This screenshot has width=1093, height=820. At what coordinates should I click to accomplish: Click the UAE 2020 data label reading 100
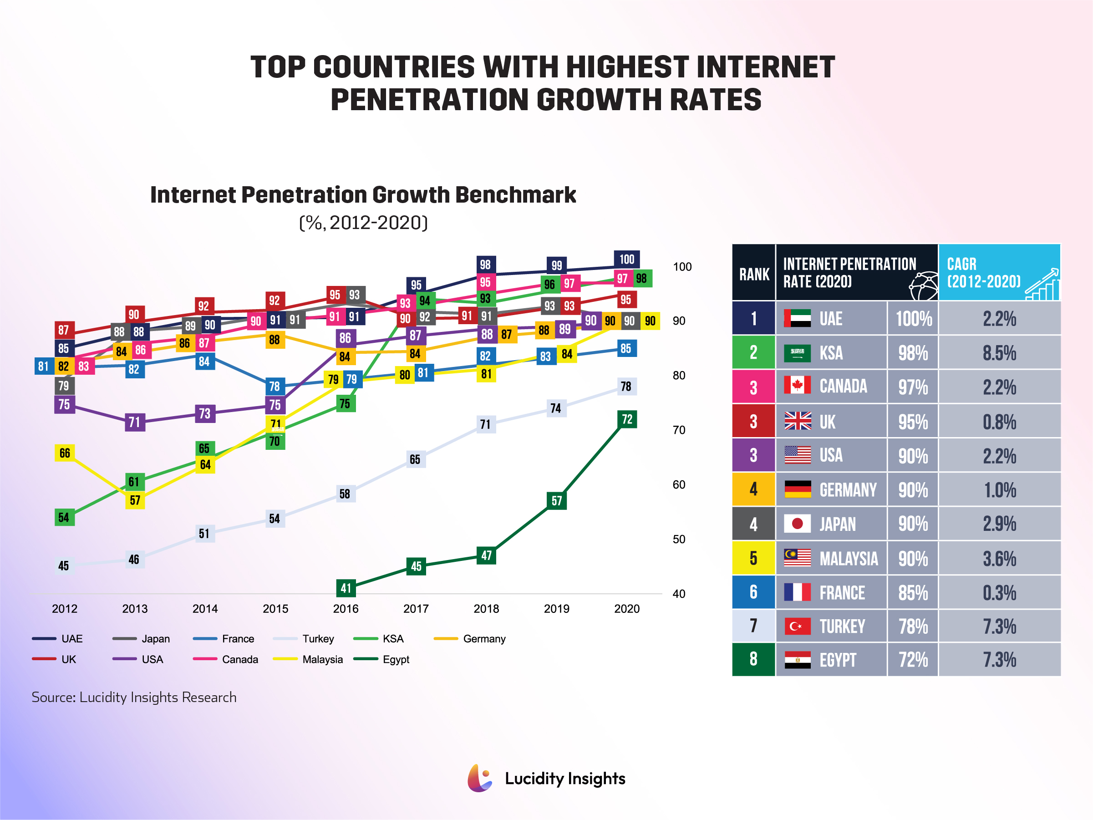[626, 259]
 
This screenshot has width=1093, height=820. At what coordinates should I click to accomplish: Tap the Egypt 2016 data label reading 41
[346, 588]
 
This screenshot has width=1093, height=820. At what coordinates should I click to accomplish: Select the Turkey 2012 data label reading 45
[64, 565]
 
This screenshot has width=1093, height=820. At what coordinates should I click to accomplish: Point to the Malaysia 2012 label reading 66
[65, 453]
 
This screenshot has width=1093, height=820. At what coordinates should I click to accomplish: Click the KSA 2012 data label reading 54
[64, 518]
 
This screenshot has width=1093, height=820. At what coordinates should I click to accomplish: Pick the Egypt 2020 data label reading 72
[626, 419]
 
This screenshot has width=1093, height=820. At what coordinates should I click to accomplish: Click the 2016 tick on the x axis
[346, 608]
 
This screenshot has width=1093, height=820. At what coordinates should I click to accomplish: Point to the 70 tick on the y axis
[678, 430]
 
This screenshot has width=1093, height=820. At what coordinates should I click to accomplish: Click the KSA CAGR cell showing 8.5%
[999, 353]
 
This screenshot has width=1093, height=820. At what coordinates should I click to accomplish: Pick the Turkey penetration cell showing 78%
[913, 626]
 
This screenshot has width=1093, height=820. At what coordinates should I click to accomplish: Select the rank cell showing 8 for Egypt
[753, 659]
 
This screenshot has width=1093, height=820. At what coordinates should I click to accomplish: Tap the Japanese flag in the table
[797, 523]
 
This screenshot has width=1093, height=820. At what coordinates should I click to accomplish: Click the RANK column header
[753, 274]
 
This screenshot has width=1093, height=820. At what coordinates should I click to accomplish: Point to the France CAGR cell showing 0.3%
[999, 592]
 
